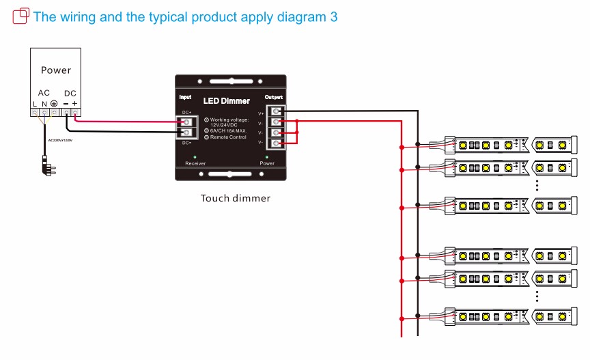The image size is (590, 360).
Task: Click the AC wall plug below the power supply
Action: pyautogui.click(x=46, y=163)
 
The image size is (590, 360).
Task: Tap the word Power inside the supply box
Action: pyautogui.click(x=56, y=70)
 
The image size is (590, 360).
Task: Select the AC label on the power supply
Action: pyautogui.click(x=44, y=93)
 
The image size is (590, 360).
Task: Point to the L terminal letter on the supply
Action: pyautogui.click(x=35, y=104)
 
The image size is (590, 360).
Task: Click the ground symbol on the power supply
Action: pyautogui.click(x=53, y=104)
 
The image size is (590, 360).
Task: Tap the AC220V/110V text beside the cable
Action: pyautogui.click(x=60, y=140)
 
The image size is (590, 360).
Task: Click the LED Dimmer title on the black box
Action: pyautogui.click(x=227, y=101)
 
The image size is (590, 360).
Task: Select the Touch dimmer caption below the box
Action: pyautogui.click(x=235, y=199)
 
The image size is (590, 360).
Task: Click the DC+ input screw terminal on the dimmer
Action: pyautogui.click(x=186, y=121)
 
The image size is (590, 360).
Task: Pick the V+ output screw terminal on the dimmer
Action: pyautogui.click(x=276, y=111)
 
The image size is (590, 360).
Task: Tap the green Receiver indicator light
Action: pyautogui.click(x=195, y=157)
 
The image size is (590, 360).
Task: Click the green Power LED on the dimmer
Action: pyautogui.click(x=267, y=157)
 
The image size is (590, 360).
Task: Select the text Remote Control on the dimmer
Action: pyautogui.click(x=229, y=137)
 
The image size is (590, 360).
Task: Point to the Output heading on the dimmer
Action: pyautogui.click(x=274, y=98)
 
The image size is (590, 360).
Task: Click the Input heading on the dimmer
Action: pyautogui.click(x=185, y=98)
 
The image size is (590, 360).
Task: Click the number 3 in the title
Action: pyautogui.click(x=333, y=16)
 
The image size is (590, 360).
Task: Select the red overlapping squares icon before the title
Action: pyautogui.click(x=20, y=15)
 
